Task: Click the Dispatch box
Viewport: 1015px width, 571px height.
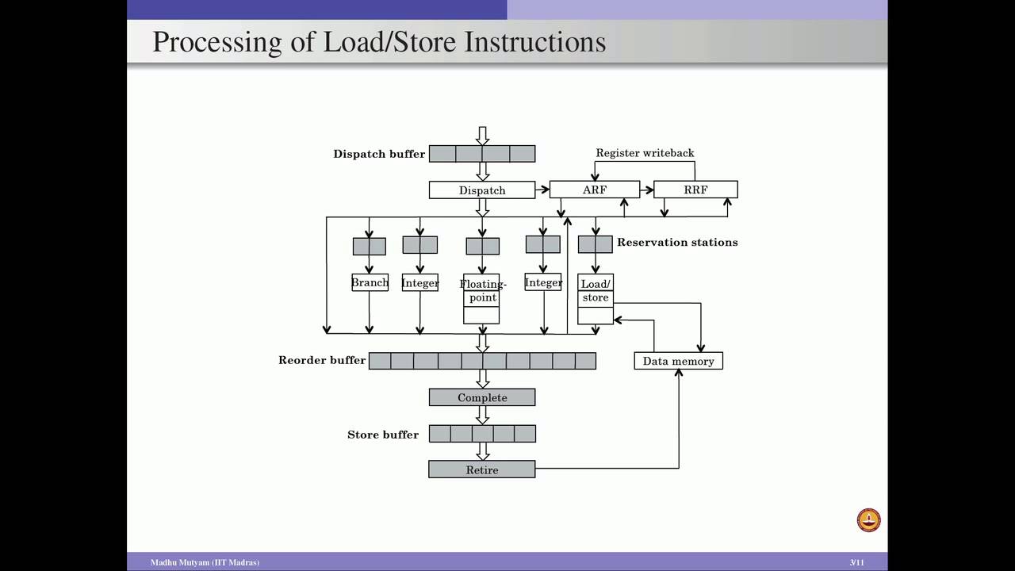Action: click(x=482, y=190)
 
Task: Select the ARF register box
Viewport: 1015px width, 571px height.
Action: click(x=594, y=190)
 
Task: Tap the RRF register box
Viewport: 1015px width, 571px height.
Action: click(x=695, y=190)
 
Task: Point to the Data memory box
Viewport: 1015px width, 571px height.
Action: click(x=678, y=361)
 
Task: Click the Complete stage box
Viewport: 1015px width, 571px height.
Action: click(x=482, y=397)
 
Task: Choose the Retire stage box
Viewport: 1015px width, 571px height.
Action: click(x=482, y=469)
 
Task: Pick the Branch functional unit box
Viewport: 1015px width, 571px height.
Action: click(x=370, y=282)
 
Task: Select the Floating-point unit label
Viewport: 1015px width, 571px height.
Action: click(x=482, y=290)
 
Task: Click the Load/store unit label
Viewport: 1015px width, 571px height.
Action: click(x=596, y=290)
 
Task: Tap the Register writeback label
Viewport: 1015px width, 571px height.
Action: click(x=645, y=153)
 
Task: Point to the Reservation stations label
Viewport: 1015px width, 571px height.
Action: click(x=677, y=242)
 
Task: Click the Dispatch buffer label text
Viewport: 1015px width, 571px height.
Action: click(x=379, y=154)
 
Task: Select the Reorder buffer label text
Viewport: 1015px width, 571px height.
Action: click(x=322, y=360)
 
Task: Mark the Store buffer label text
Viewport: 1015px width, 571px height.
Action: click(x=383, y=435)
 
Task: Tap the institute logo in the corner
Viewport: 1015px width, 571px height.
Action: click(x=869, y=520)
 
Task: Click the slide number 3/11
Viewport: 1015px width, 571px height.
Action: click(x=856, y=562)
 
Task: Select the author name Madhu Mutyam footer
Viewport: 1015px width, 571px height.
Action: click(x=205, y=562)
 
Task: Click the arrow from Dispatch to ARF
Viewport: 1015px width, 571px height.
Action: click(x=542, y=190)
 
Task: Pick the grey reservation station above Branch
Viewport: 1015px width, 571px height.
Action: click(x=369, y=246)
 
